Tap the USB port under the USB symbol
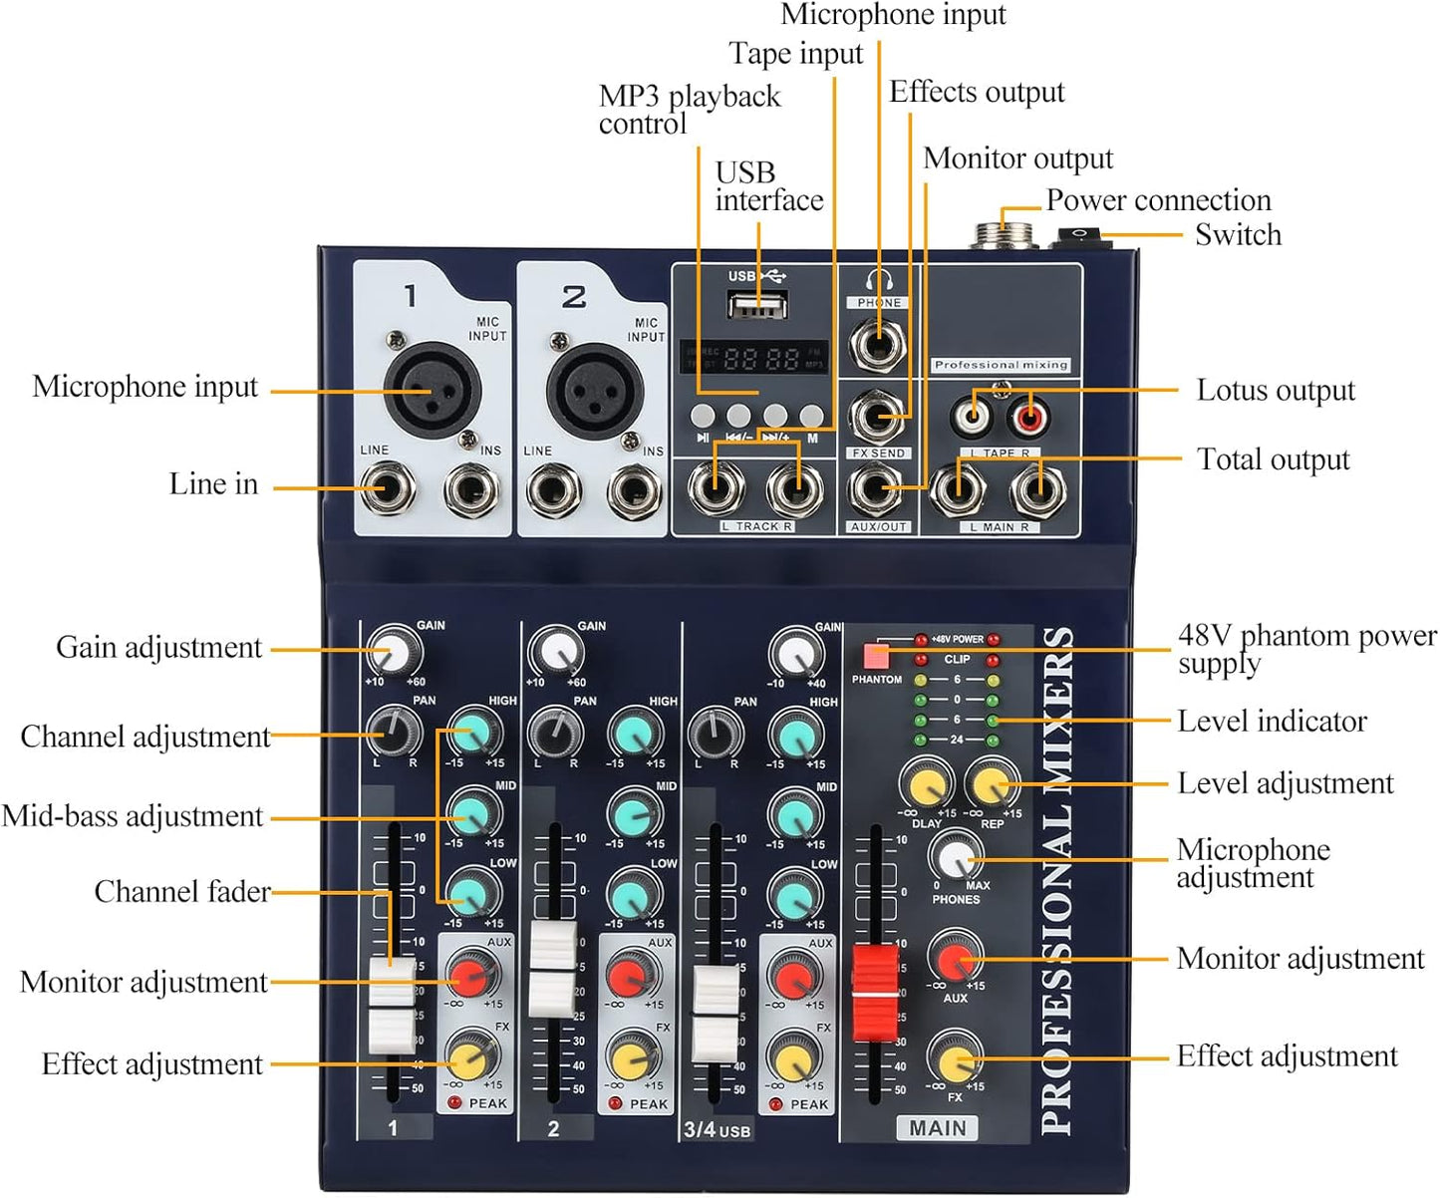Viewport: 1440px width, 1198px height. tap(756, 304)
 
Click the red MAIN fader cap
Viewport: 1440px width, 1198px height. tap(875, 993)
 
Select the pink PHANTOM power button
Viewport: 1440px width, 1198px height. tap(876, 656)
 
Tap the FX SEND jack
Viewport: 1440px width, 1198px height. tap(877, 416)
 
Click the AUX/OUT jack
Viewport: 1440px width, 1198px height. tap(877, 489)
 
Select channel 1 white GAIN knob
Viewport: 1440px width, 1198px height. tap(395, 653)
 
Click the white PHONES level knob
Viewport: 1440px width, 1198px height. tap(955, 856)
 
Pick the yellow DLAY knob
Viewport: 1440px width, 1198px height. tap(927, 783)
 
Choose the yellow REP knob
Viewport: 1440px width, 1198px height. tap(993, 783)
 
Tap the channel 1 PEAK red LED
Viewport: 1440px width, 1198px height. tap(454, 1102)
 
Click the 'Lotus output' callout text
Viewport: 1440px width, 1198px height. tap(1275, 391)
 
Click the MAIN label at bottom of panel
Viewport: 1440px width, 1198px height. tap(937, 1128)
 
